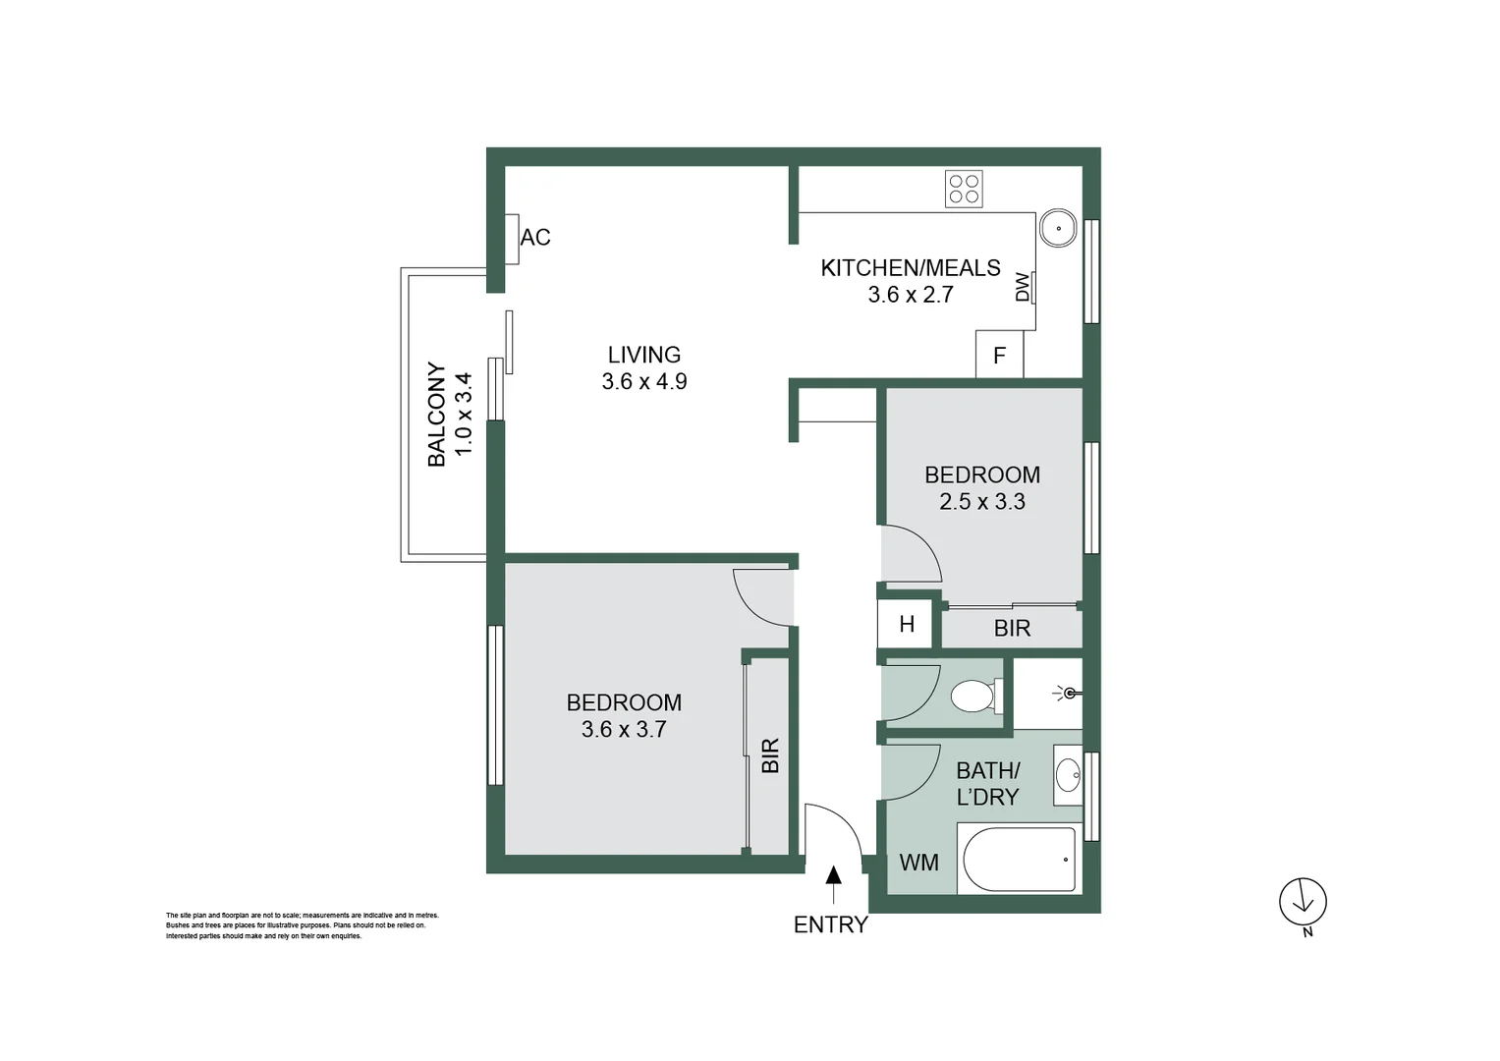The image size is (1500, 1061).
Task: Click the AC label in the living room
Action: coord(535,238)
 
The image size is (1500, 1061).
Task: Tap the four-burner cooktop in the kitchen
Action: coord(964,189)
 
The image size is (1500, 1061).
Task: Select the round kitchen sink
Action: coord(1059,228)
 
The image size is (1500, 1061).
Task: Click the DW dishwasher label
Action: coord(1023,287)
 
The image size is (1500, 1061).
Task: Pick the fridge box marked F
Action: coord(999,356)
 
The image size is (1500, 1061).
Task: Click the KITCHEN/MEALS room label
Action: coord(911,268)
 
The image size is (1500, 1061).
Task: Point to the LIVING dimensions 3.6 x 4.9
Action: coord(644,382)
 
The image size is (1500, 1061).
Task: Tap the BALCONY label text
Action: coord(436,415)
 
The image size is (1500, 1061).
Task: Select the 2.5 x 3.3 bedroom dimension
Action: coord(982,502)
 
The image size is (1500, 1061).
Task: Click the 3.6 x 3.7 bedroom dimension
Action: coord(624,730)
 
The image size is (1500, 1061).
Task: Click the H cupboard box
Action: coord(906,625)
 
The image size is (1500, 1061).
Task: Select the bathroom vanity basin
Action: coord(1068,775)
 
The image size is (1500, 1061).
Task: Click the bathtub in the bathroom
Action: coord(1020,860)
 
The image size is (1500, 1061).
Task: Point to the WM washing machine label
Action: coord(918,863)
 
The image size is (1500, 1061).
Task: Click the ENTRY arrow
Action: coord(833,884)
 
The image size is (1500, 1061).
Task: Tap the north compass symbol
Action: coord(1303,902)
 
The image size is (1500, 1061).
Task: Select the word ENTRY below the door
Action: coord(831,925)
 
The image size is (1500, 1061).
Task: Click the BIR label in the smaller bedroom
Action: coord(1012,629)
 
